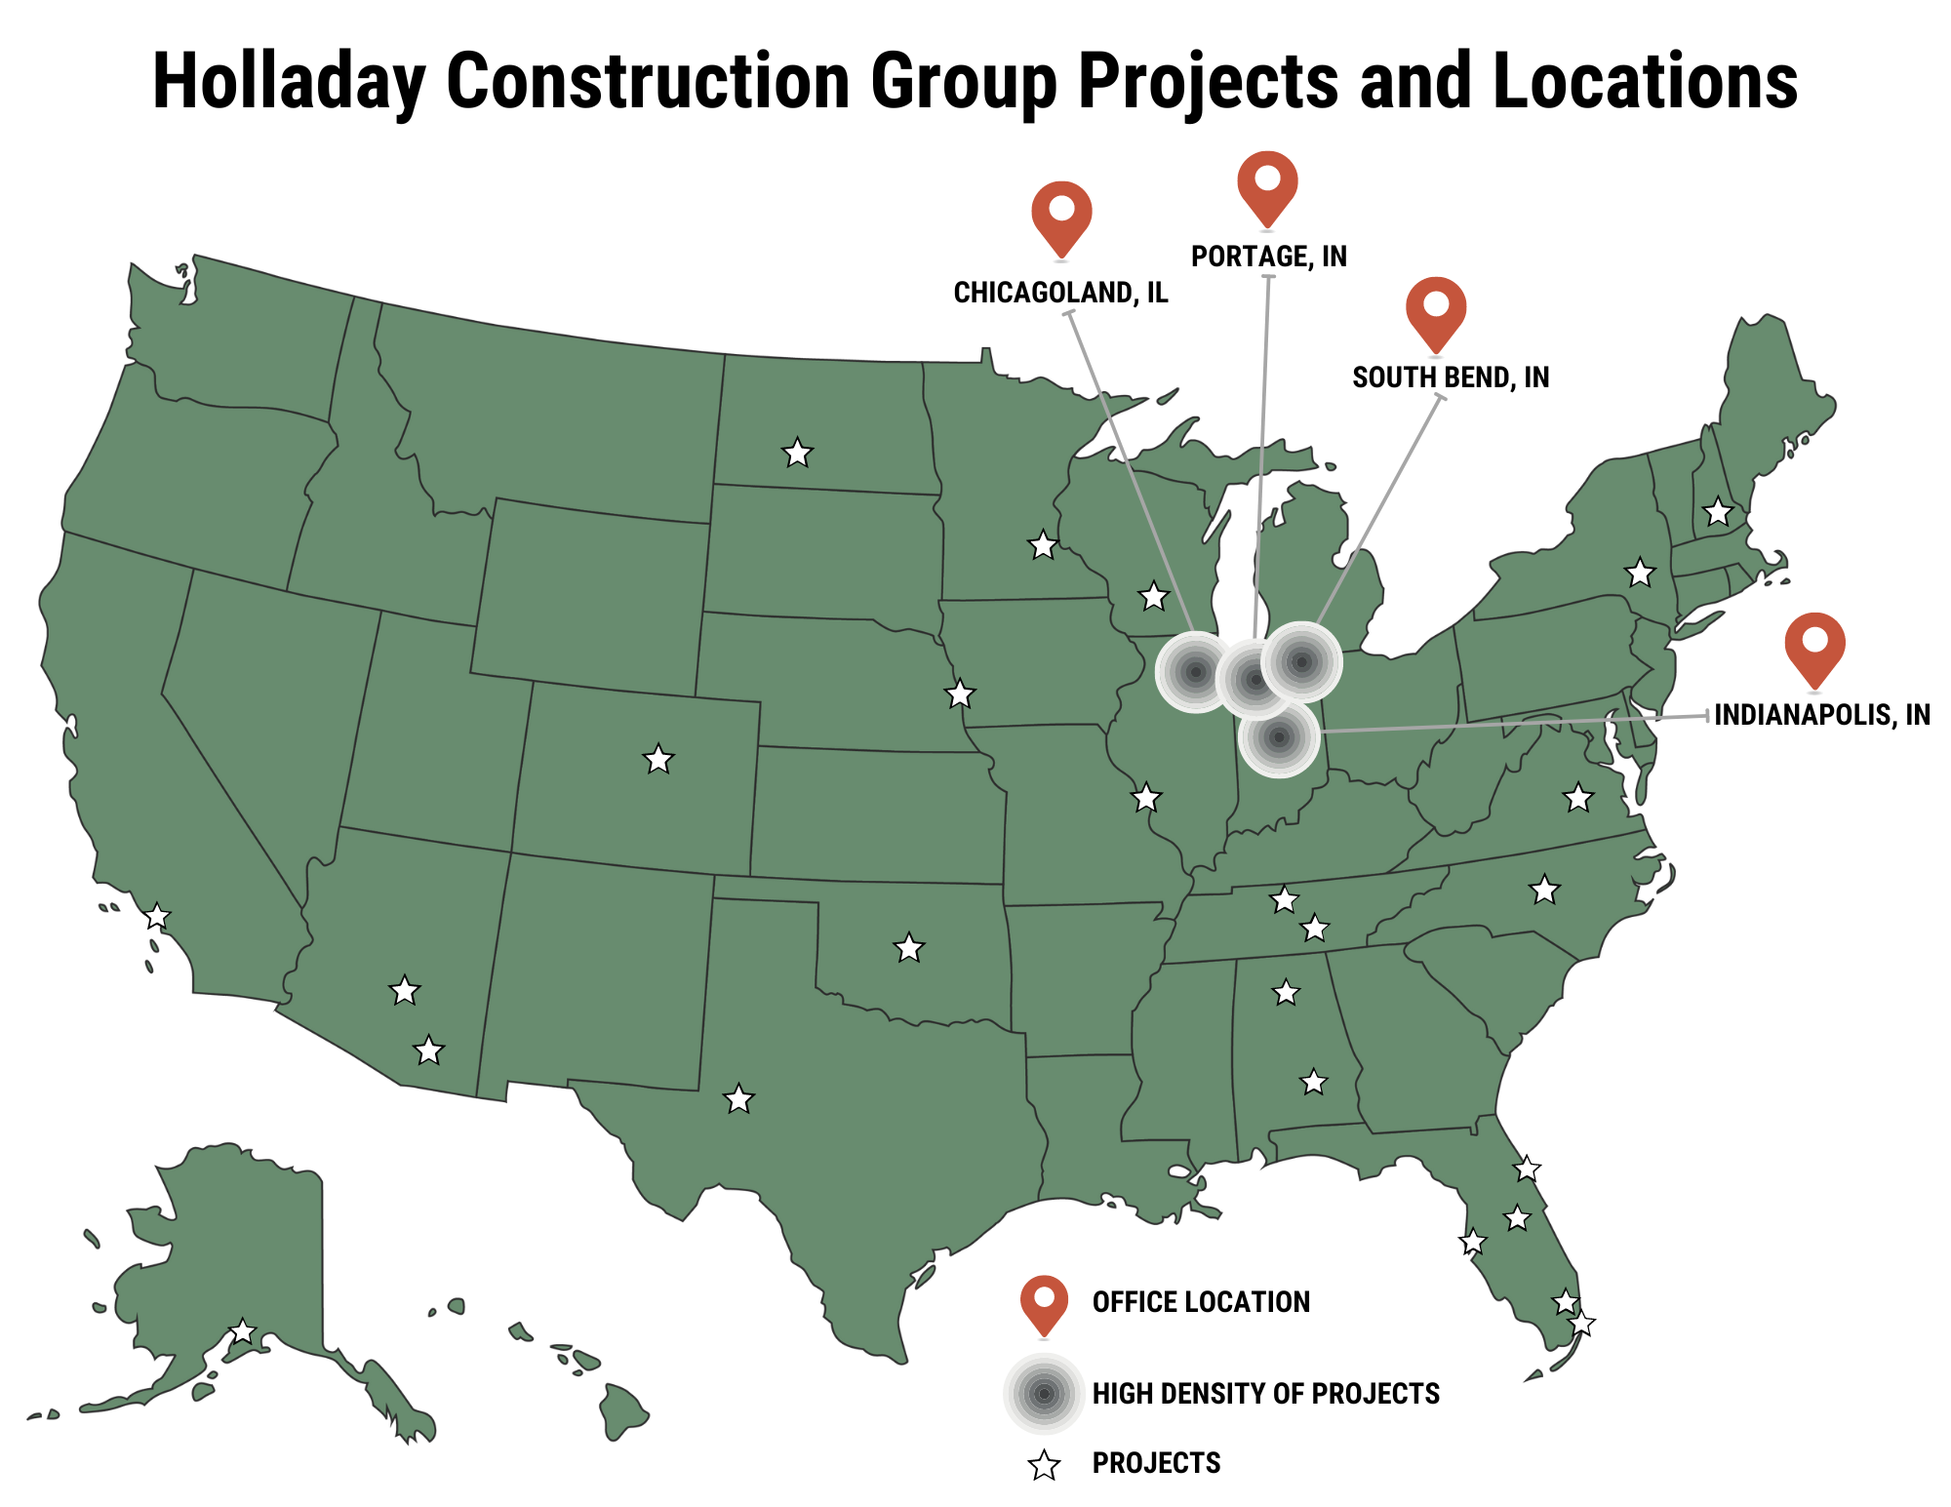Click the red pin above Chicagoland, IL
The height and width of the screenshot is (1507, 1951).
click(1061, 215)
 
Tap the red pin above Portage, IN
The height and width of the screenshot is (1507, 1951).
click(1267, 184)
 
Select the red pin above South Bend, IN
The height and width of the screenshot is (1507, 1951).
click(1436, 309)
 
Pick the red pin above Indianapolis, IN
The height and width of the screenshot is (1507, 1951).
click(1814, 646)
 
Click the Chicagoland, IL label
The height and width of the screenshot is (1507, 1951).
click(1060, 293)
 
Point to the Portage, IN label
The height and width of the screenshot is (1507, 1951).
click(1268, 257)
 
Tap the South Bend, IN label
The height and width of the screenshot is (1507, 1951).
click(1451, 377)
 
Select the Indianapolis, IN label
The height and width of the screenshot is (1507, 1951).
click(1821, 715)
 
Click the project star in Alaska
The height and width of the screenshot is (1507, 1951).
click(242, 1331)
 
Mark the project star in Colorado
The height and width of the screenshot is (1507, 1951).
click(658, 759)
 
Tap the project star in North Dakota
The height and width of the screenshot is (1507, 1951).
click(798, 453)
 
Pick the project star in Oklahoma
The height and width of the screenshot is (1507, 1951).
click(909, 947)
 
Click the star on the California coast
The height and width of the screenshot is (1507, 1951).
click(157, 917)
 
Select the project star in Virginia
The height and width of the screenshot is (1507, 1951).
click(1578, 798)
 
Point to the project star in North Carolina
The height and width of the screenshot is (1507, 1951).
click(1544, 890)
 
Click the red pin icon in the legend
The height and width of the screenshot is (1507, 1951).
click(1044, 1302)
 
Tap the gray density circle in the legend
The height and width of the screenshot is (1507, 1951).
click(1044, 1394)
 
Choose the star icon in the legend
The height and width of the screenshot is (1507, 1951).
click(1045, 1465)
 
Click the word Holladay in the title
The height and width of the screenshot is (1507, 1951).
click(289, 81)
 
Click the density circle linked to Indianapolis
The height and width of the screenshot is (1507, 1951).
click(1279, 736)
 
